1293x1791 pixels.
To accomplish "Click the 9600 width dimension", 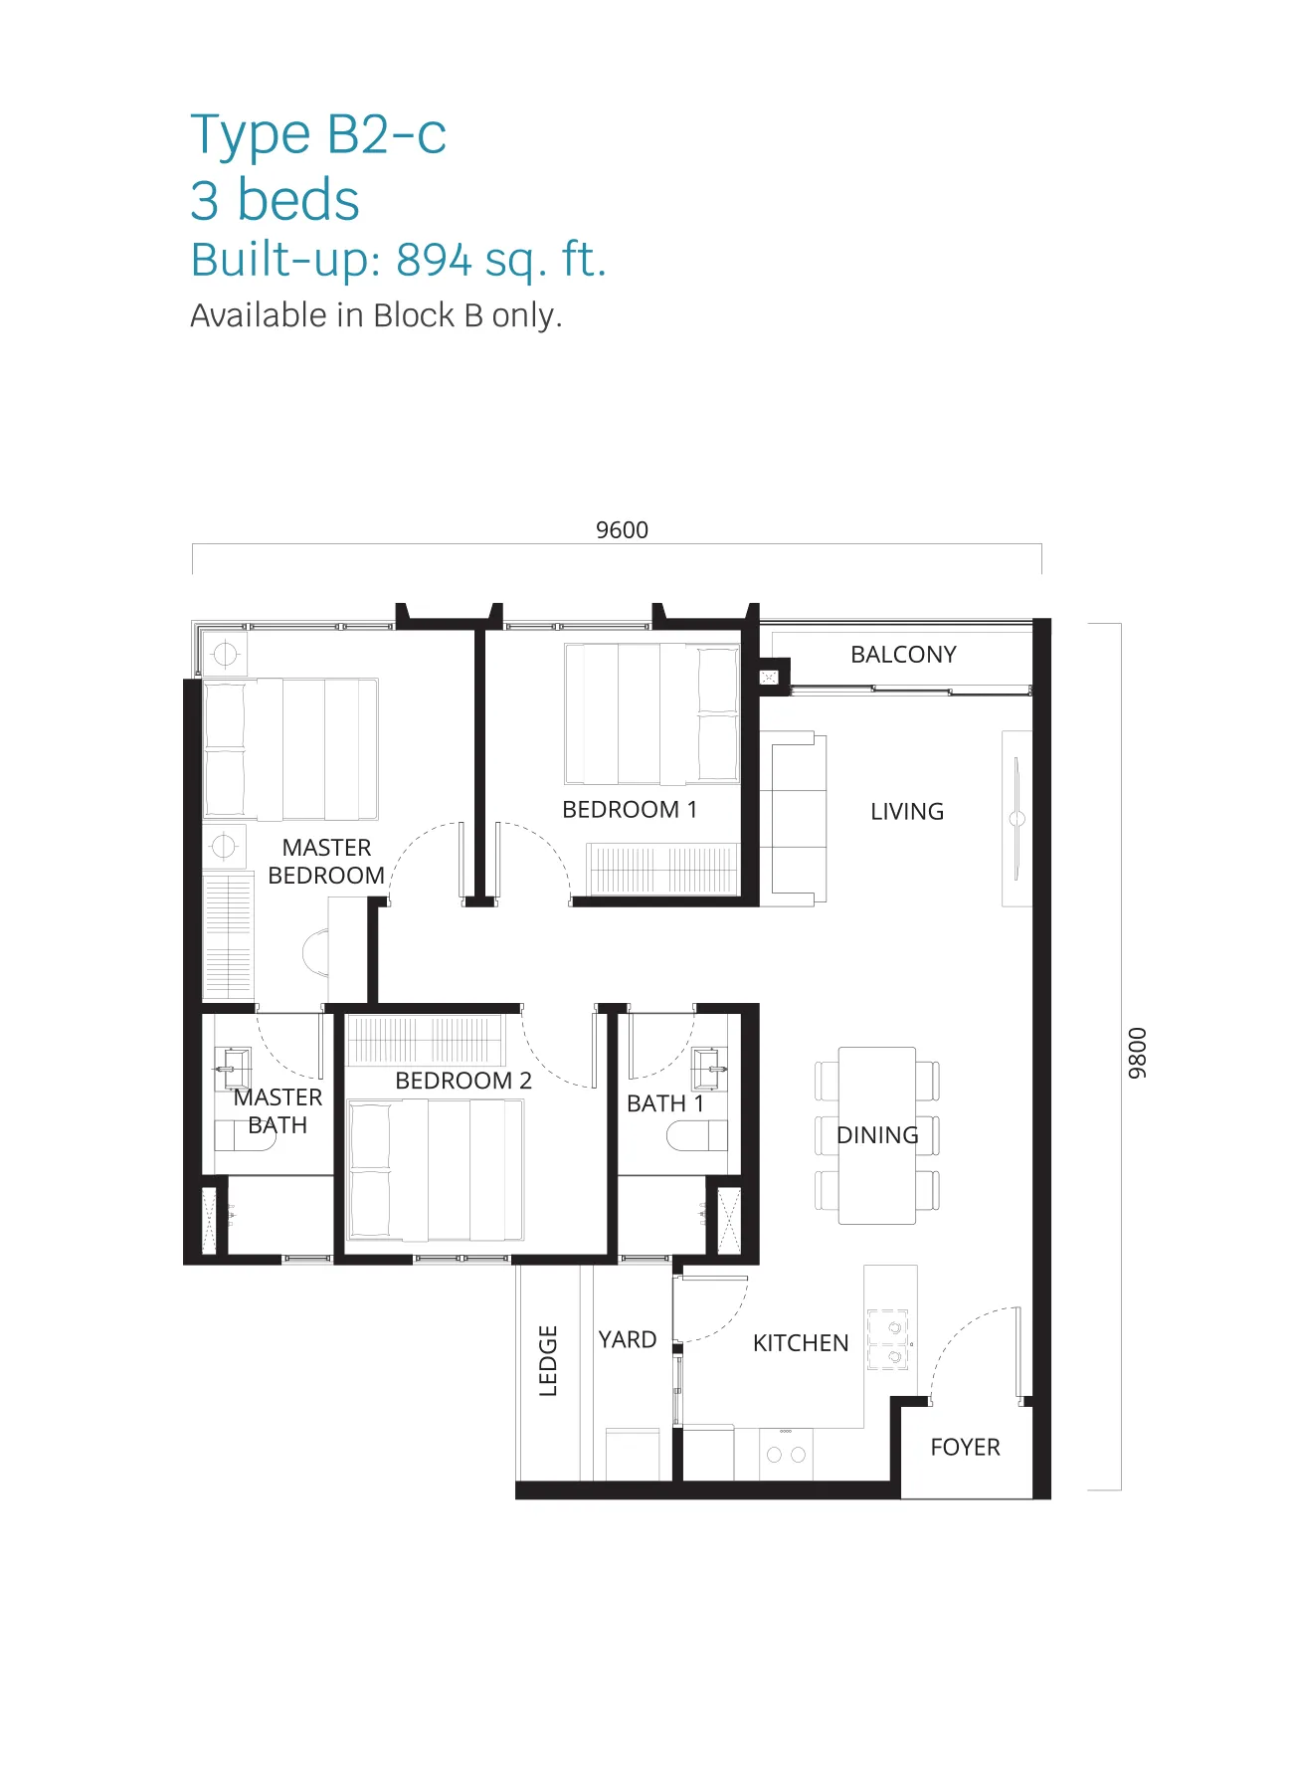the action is [622, 529].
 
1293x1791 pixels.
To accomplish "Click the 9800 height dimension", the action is [1137, 1053].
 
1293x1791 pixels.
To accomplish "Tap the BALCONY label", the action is [903, 655].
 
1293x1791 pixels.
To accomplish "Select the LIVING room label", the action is [907, 812].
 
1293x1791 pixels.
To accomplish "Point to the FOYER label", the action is [965, 1447].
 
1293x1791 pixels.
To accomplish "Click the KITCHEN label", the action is [801, 1343].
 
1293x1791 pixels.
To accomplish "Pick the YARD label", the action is [627, 1339].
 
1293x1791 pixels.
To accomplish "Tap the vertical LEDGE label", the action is [548, 1361].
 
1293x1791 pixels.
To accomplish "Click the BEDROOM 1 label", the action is [630, 810].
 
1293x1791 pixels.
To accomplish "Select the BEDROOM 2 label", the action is [463, 1081].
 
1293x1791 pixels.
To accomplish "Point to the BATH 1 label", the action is [665, 1103].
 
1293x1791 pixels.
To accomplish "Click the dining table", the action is [877, 1135].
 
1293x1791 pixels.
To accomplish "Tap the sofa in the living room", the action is [794, 819].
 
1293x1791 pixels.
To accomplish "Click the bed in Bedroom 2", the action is [435, 1170].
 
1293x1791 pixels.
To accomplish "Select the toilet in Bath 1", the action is [697, 1135].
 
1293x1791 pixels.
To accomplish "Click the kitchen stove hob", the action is [888, 1339].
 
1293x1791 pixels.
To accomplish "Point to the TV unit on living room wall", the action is [1016, 819].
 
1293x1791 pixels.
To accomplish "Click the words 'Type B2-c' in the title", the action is [318, 135].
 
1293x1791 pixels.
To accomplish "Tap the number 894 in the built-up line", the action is [434, 260].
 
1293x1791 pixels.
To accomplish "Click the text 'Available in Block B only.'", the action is [376, 316].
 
